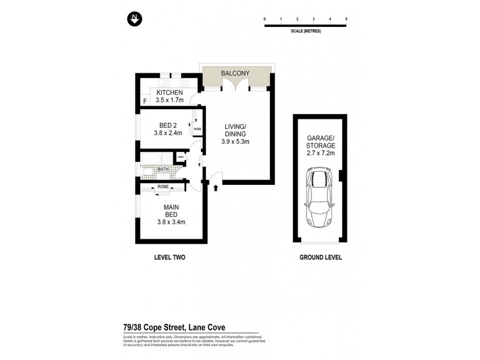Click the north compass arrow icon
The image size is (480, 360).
coord(134,19)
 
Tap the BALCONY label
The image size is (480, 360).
coord(235,73)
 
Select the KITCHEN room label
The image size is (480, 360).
coord(169,92)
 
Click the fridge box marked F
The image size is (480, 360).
coord(145,101)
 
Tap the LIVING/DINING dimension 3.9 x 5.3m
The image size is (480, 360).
coord(235,142)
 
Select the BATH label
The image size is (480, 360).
coord(163,170)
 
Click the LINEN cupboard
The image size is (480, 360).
coord(179,157)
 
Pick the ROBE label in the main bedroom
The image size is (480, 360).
coord(163,187)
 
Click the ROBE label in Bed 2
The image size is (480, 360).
coord(197,128)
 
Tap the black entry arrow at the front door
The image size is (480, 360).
coord(215,188)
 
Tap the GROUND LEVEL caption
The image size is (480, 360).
coord(320,257)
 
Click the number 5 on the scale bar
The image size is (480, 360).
coord(346,19)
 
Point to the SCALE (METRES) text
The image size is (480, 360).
coord(305,31)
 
